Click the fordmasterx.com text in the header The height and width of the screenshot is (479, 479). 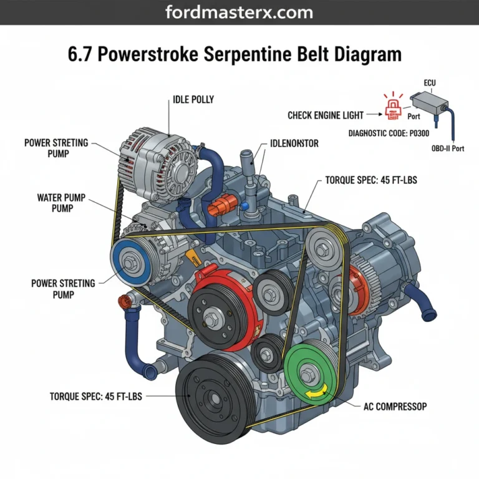239,12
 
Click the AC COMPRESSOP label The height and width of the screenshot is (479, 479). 395,406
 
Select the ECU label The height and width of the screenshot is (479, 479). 430,82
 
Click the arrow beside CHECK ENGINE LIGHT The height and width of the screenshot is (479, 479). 372,115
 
